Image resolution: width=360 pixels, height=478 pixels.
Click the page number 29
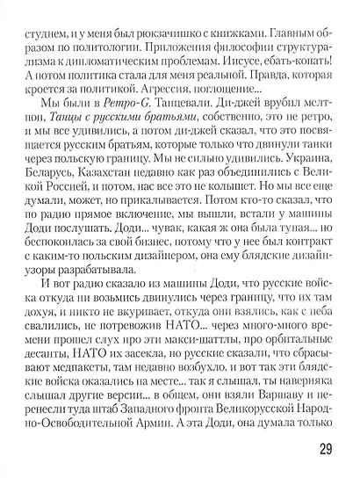tap(322, 451)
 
